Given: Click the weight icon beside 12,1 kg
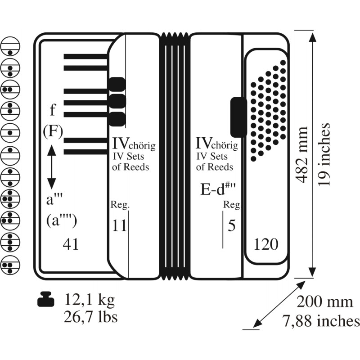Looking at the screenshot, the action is point(46,299).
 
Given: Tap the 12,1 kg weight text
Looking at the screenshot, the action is point(89,300).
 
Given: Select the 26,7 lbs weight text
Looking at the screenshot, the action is point(90,317).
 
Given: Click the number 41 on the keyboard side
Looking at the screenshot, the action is point(71,244).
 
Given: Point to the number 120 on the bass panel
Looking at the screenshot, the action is point(266,244).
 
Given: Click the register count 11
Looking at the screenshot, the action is point(119,225).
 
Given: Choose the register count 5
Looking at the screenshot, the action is point(231,225).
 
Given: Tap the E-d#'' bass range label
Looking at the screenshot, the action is point(218,189).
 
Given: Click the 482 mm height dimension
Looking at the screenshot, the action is point(301,154).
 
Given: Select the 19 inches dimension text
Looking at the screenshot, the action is point(324,154).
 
